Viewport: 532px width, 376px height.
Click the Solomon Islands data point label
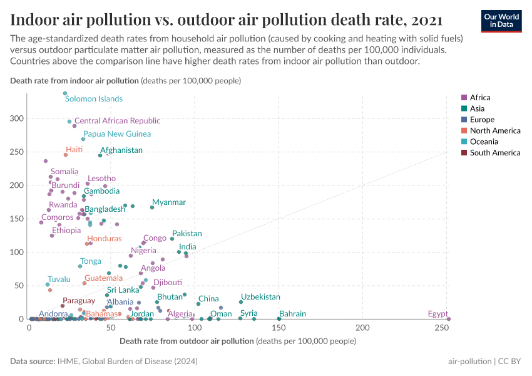coord(94,99)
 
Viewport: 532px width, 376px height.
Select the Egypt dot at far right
coord(449,319)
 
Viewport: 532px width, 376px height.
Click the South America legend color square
coord(464,153)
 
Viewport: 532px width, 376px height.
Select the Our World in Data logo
coord(501,21)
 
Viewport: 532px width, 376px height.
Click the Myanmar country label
coord(169,202)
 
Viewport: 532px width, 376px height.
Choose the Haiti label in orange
coord(74,150)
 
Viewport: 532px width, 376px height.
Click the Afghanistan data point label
coord(121,150)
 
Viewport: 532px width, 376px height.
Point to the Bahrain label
coord(293,313)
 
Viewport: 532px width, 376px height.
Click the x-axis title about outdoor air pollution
coord(237,342)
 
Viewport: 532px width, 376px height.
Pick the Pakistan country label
coord(187,234)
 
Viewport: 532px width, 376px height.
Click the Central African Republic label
coord(117,121)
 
